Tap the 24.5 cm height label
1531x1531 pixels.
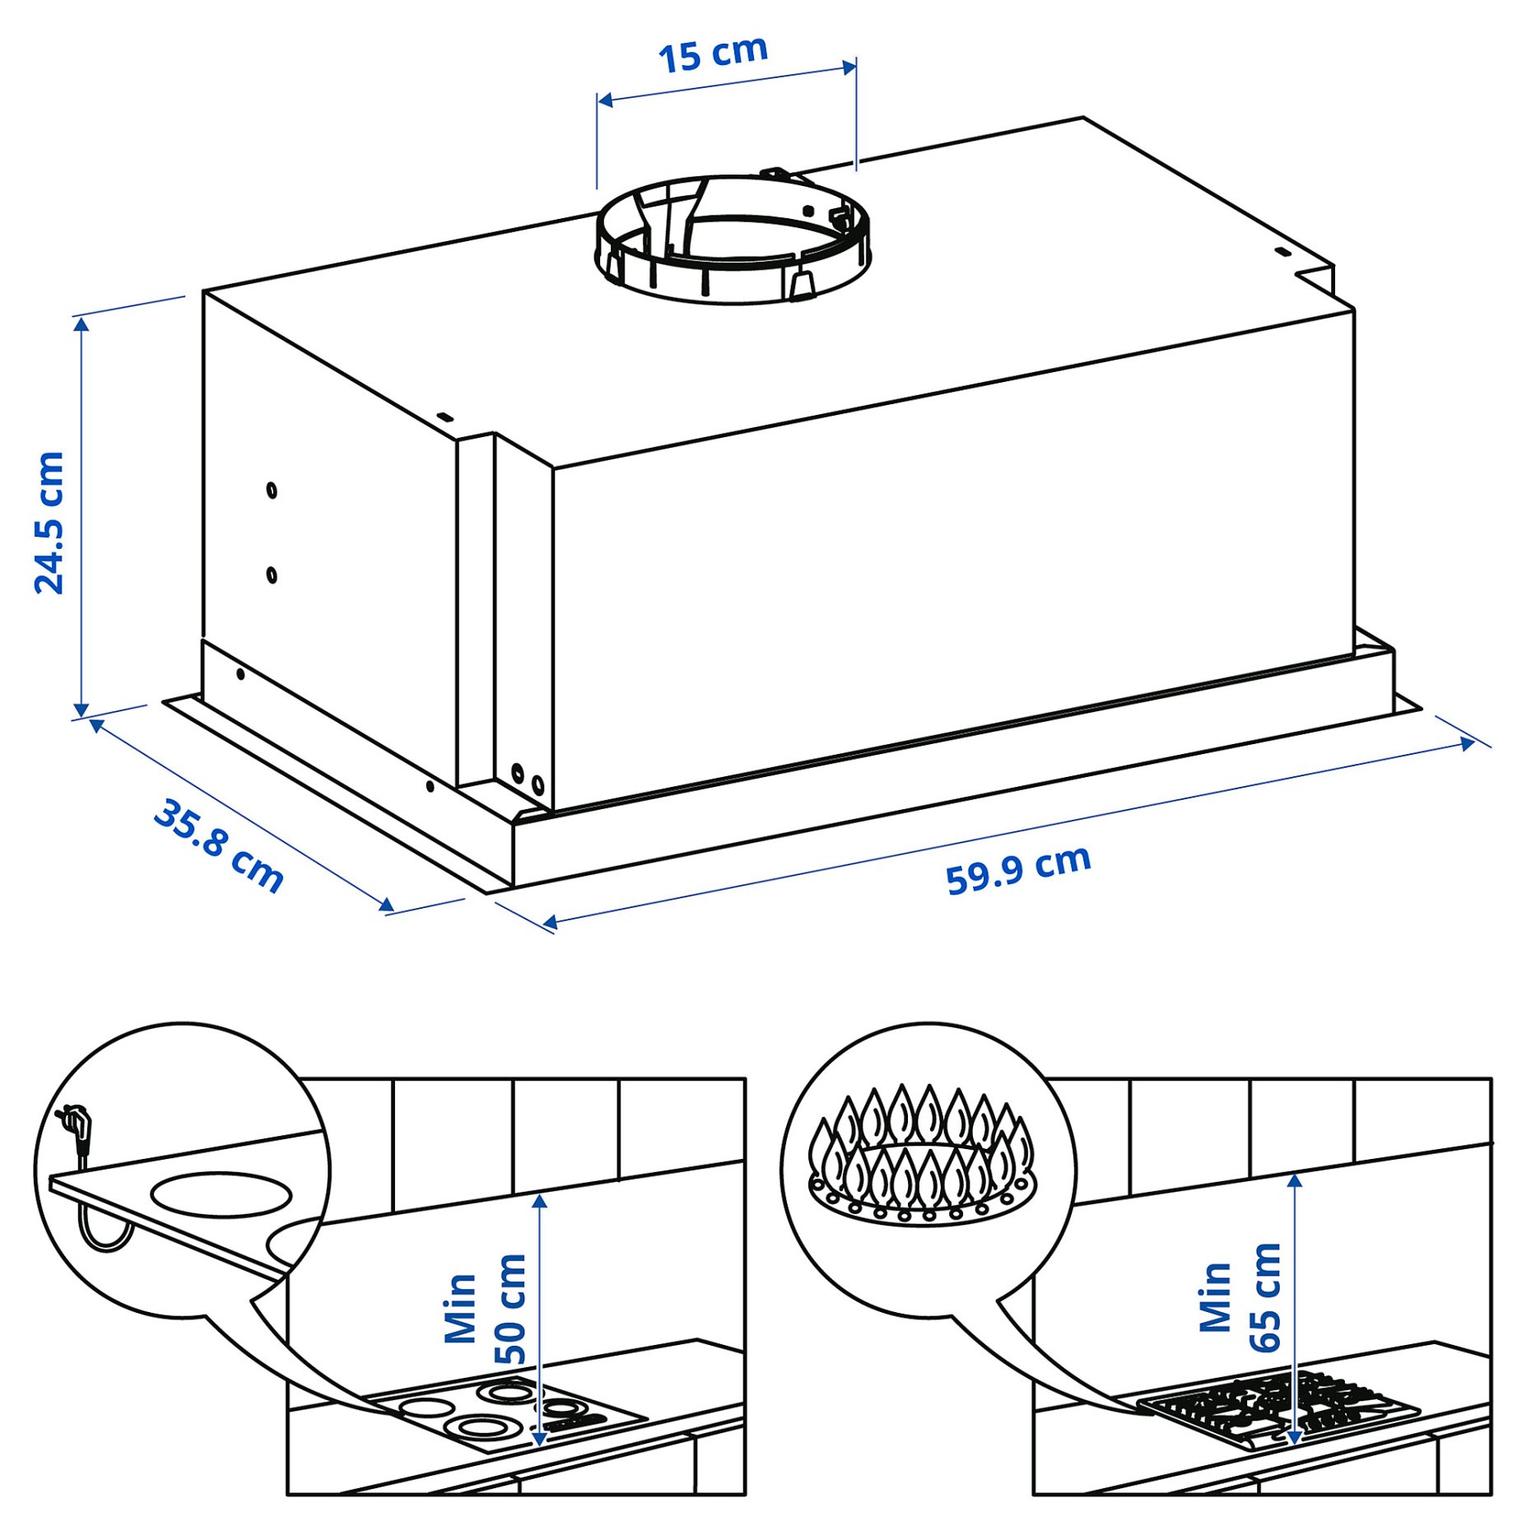pos(49,523)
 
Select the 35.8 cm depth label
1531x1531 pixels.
pos(219,845)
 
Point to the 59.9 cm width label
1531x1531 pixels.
pos(1018,869)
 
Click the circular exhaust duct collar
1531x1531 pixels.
pos(731,239)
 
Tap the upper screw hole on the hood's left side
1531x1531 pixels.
pos(272,491)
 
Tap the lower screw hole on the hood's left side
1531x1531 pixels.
pos(272,575)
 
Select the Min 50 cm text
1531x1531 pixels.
pos(486,1309)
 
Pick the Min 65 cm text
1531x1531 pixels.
pos(1240,1297)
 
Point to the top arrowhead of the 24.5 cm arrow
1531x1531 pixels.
pos(81,323)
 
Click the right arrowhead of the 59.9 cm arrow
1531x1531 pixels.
pos(1468,744)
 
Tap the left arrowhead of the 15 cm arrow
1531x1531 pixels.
pos(604,100)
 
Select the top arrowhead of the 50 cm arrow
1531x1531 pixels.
pos(540,1200)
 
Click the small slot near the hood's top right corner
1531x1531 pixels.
pos(1281,253)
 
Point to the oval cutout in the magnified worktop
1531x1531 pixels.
pos(221,1194)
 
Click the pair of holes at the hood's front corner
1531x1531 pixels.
pos(527,779)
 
